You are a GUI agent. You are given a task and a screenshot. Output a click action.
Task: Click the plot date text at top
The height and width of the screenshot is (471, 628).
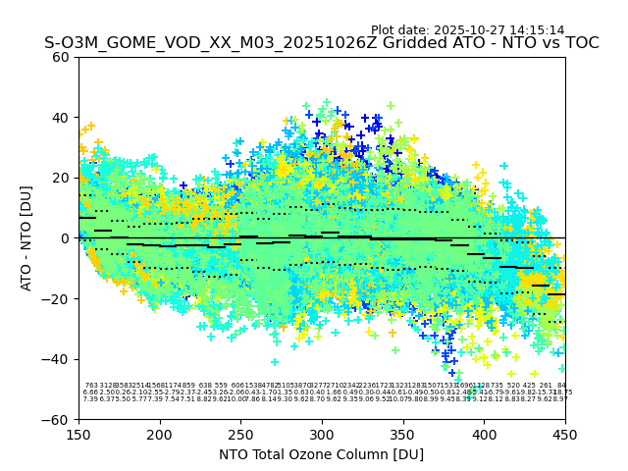[467, 30]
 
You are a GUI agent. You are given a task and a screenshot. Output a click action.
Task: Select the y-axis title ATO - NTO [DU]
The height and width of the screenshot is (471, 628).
[26, 238]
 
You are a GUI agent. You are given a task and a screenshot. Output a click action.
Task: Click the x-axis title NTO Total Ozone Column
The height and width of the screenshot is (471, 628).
[321, 454]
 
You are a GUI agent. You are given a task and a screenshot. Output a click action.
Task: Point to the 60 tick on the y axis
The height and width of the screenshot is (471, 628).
[61, 57]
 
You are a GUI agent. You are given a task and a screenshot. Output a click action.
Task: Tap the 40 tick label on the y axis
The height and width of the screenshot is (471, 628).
[61, 118]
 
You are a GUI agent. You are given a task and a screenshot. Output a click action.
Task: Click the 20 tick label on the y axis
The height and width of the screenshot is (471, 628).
[61, 178]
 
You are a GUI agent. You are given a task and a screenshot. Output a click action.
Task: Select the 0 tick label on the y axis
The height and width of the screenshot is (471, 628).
[65, 238]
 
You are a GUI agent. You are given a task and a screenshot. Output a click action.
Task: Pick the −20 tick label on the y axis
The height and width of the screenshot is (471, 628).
[57, 299]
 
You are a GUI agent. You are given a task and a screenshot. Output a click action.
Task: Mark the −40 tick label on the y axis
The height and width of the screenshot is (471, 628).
[57, 359]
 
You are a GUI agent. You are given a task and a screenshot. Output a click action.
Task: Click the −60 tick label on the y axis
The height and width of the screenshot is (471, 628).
[57, 420]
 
